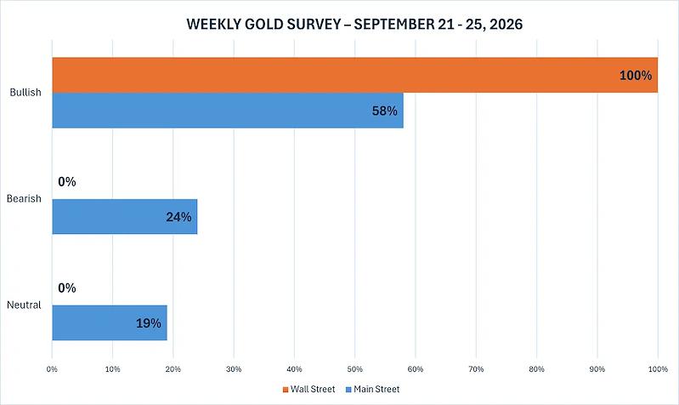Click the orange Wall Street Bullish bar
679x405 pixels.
pos(355,75)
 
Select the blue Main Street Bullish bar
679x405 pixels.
pos(228,111)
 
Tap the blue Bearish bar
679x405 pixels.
pos(125,217)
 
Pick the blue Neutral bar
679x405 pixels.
pos(110,323)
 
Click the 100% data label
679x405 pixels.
pos(636,76)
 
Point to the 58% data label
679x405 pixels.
pos(384,111)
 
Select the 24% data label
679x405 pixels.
pos(178,217)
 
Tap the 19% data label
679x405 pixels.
pos(149,323)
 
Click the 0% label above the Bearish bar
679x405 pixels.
pos(67,182)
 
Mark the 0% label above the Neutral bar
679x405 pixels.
pos(67,288)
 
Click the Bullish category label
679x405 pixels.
pos(25,93)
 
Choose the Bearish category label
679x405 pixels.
pos(24,198)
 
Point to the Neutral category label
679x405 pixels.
pos(24,305)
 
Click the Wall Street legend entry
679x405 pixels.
pos(308,390)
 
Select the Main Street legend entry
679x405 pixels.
pos(372,390)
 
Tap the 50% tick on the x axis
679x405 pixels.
pos(354,369)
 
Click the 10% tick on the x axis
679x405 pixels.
pos(112,369)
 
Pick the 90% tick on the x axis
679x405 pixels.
pos(597,369)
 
